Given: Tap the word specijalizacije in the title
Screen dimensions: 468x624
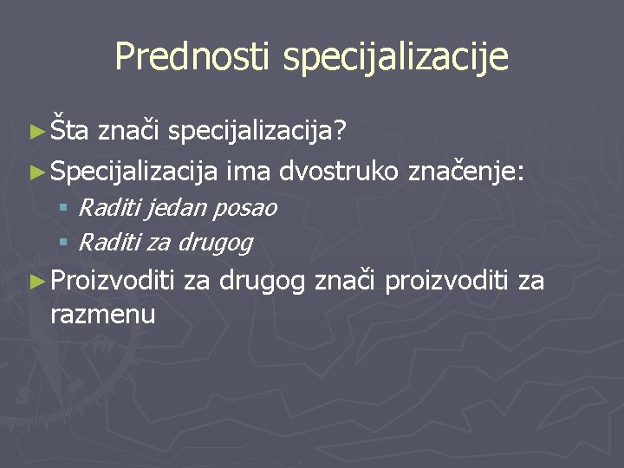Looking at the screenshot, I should (395, 58).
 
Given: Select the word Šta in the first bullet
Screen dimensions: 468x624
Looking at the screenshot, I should (69, 131).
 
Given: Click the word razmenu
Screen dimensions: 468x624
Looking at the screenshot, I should (103, 315).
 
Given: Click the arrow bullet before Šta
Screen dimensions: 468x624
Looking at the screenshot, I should (36, 132).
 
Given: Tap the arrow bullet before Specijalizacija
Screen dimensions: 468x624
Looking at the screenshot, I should (36, 173).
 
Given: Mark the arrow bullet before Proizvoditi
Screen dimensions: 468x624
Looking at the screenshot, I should (36, 281).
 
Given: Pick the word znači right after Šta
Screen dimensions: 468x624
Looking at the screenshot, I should (130, 131).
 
